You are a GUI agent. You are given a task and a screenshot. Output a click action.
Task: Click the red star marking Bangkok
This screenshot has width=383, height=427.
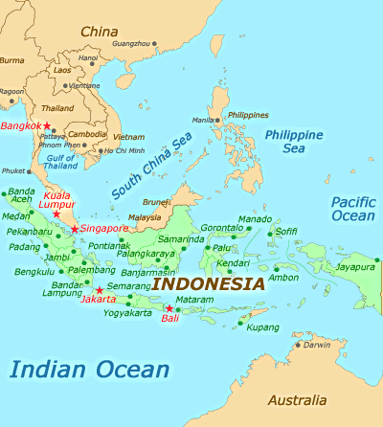(x=46, y=126)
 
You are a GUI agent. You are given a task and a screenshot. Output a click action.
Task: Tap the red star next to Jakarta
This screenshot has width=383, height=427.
(x=100, y=290)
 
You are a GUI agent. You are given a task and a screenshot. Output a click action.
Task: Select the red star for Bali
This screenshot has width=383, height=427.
(x=169, y=308)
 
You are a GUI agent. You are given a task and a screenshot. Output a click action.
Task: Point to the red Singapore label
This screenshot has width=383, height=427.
(x=104, y=229)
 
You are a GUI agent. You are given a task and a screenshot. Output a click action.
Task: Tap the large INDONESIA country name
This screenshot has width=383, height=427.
(x=209, y=284)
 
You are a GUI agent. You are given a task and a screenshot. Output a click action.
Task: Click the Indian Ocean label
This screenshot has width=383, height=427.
(x=90, y=369)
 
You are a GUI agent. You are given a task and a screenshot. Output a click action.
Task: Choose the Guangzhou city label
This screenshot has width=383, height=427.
(x=132, y=43)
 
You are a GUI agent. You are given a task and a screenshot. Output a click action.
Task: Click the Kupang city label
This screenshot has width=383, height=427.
(x=263, y=327)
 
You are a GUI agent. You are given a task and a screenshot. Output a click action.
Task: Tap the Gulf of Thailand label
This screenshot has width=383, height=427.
(x=61, y=161)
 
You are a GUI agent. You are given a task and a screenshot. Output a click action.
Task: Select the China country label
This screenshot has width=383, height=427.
(x=99, y=31)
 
